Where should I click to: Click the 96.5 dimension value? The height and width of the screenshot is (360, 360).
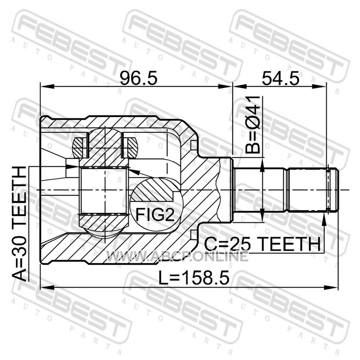[139, 78]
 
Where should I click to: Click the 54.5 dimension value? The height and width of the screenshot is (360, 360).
[280, 78]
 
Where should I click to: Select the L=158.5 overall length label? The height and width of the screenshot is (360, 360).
[194, 278]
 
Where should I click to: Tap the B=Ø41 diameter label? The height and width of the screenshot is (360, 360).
[253, 125]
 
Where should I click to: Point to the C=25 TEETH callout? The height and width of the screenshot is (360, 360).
[262, 244]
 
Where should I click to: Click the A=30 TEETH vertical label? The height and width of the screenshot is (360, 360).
[19, 224]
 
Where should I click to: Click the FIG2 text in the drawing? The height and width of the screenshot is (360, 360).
[155, 214]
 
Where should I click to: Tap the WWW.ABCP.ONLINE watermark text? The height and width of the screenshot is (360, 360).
[177, 256]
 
